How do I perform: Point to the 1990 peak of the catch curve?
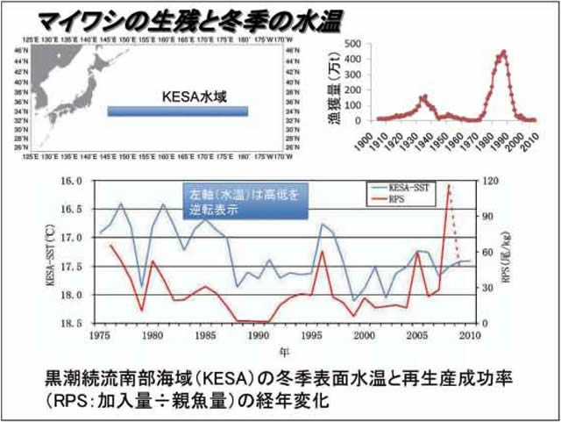503,52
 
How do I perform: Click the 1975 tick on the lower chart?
98,335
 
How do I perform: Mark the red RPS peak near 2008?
450,185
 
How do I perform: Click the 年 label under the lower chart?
281,351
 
